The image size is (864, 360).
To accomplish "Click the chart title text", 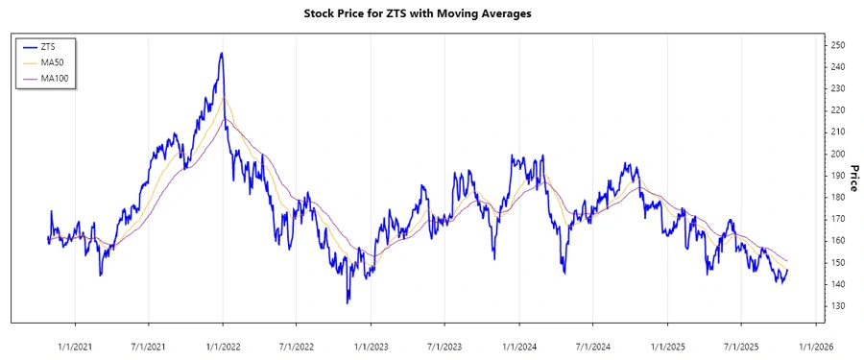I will pos(430,14).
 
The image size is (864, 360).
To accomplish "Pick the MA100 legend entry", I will pos(53,78).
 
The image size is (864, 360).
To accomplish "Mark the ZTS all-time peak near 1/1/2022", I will pos(222,54).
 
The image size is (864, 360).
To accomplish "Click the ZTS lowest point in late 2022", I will pos(348,302).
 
